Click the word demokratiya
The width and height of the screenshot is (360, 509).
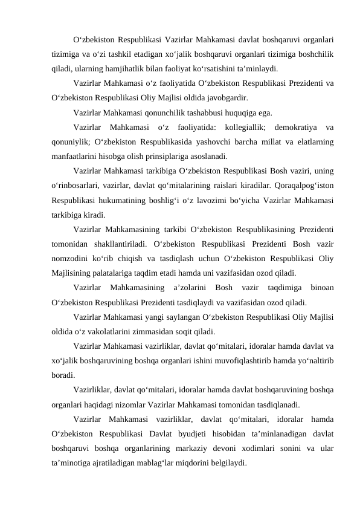click(288, 126)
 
